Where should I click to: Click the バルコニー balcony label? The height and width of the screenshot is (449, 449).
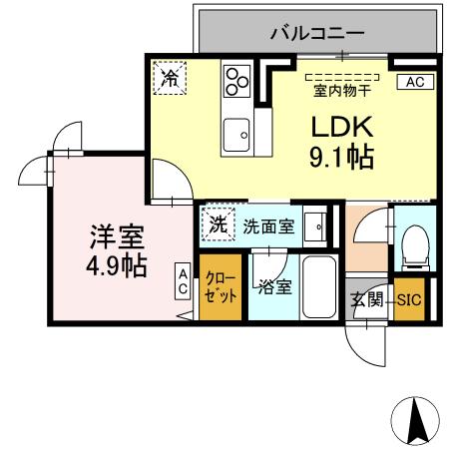(317, 32)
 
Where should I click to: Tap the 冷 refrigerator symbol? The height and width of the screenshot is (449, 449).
(171, 78)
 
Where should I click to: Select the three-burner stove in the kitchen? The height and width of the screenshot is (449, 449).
(237, 80)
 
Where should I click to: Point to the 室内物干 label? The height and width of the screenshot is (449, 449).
(342, 92)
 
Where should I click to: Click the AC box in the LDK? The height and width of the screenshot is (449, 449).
(414, 83)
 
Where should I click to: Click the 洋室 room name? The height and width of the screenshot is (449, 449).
(118, 237)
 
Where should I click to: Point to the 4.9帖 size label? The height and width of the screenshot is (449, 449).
(118, 266)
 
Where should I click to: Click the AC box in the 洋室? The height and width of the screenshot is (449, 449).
(184, 280)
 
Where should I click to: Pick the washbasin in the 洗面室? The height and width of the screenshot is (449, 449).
(315, 226)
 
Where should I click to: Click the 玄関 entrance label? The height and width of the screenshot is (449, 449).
(366, 299)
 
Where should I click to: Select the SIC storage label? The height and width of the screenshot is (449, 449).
(410, 299)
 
